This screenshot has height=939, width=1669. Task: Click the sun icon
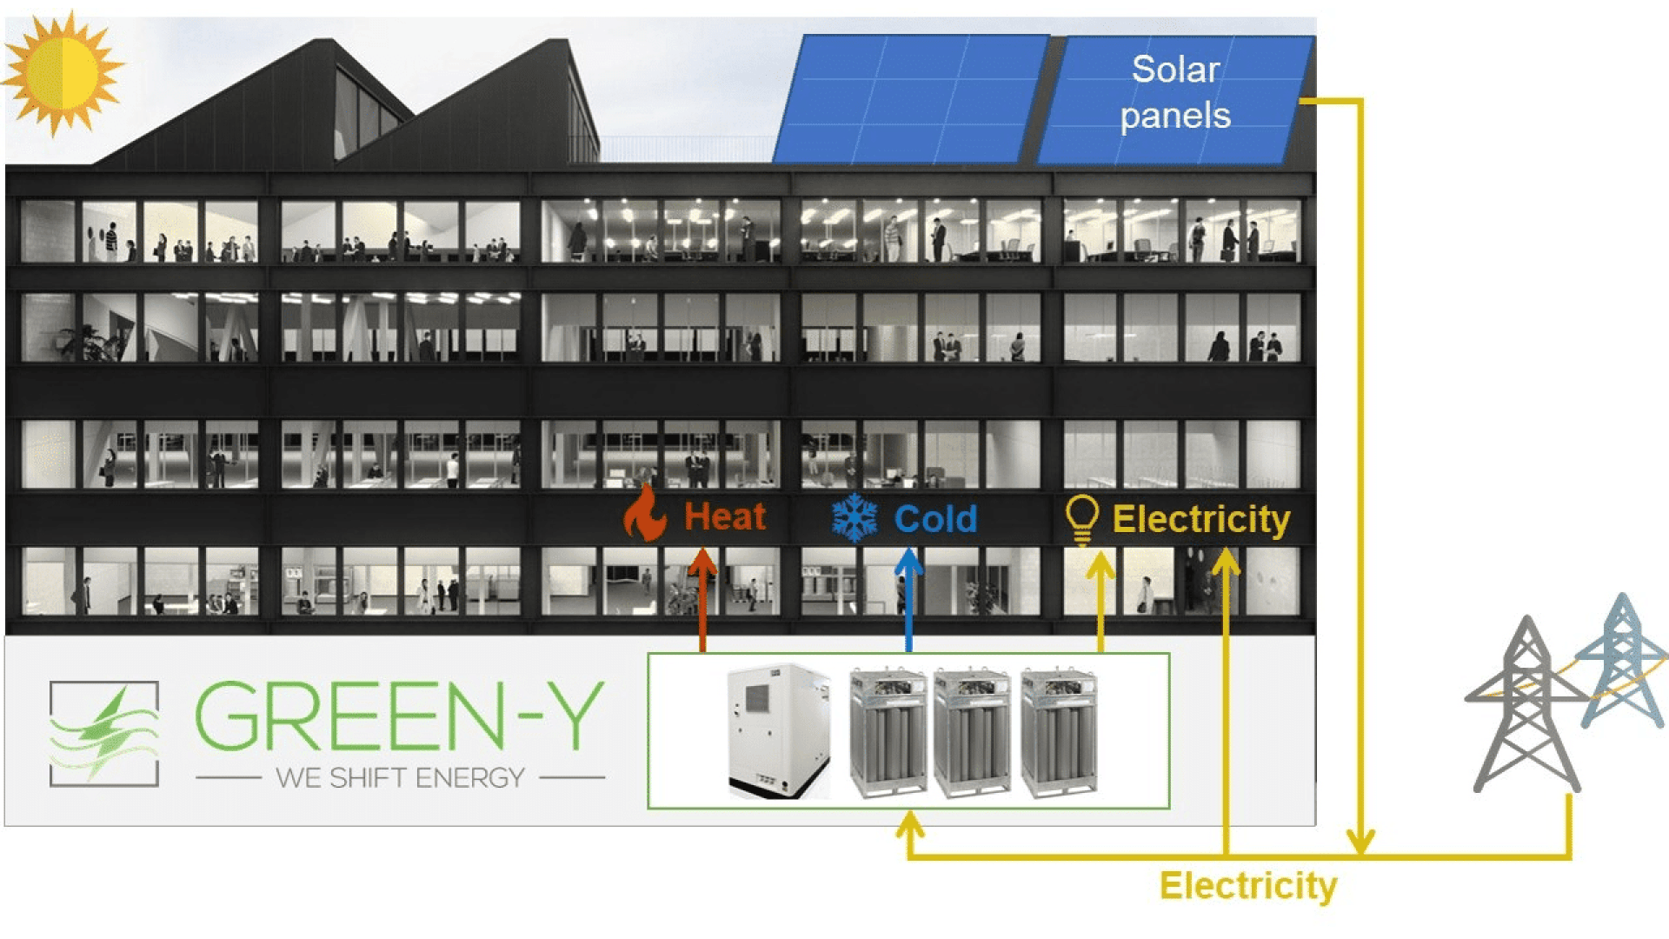click(61, 72)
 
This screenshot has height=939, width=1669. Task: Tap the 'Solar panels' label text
click(1175, 92)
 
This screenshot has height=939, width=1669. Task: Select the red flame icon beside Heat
click(645, 514)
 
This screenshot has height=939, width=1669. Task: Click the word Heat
click(725, 517)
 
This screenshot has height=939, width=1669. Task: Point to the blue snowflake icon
click(854, 518)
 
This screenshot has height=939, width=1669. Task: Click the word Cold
click(935, 519)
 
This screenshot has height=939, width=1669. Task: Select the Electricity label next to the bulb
click(1201, 519)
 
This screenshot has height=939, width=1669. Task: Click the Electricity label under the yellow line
click(1248, 886)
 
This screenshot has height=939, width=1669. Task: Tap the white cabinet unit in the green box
click(777, 730)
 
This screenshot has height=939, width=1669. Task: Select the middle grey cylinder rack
click(972, 732)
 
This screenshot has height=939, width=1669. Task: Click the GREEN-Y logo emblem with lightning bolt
click(104, 734)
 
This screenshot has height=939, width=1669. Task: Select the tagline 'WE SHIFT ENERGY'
click(400, 777)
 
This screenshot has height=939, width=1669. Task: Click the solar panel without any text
click(909, 99)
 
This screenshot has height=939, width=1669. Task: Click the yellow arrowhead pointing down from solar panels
click(1360, 842)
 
